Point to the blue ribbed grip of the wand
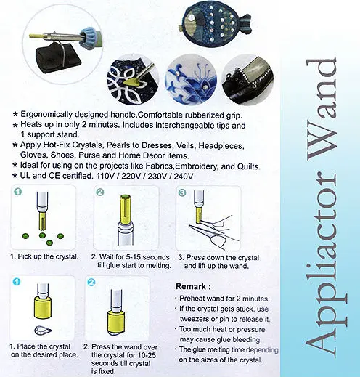point(89,36)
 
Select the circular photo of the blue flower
point(191,79)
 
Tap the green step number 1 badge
point(18,192)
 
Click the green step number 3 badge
point(182,192)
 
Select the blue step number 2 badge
point(91,283)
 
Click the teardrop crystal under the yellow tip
point(43,330)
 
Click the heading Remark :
point(193,286)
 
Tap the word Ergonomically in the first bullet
point(46,115)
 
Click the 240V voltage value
point(184,177)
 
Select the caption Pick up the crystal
point(48,256)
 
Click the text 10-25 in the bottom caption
point(144,355)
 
